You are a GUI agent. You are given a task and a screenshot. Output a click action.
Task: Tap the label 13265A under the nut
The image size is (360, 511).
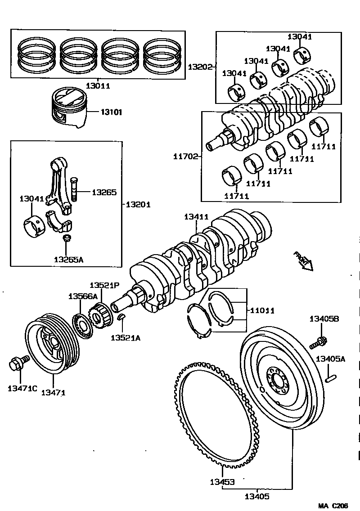point(68,259)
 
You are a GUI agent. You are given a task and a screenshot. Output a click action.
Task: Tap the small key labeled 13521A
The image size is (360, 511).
point(121,318)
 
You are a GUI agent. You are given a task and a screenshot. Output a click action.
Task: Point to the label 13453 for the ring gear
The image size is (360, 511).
point(222,482)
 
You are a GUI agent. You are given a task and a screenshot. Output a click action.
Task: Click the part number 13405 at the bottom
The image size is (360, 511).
point(257,497)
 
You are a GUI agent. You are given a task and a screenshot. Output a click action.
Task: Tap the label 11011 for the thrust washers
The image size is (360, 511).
point(262,310)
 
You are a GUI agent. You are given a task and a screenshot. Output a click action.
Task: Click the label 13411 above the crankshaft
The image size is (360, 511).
point(196,217)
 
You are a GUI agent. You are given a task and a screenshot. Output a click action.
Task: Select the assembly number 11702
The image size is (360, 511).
point(185,157)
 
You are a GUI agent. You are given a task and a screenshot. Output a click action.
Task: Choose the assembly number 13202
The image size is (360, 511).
point(200,67)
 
